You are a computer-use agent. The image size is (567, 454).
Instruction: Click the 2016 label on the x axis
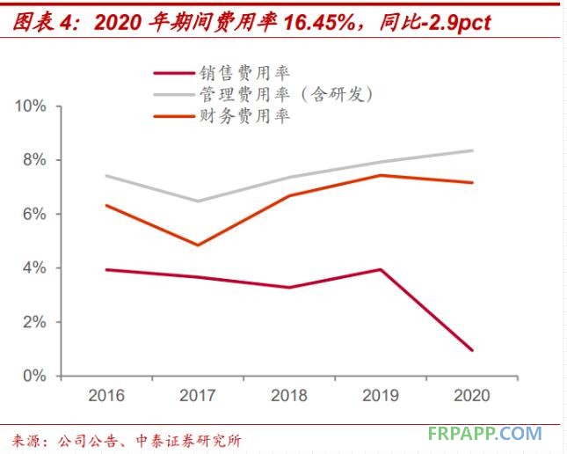(107, 396)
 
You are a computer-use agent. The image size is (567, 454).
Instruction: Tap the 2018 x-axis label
(290, 396)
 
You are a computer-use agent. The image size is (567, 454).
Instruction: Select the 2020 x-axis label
(472, 396)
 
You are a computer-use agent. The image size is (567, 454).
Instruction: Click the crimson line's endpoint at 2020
(473, 350)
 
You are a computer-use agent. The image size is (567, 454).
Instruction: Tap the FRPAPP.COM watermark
(485, 434)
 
